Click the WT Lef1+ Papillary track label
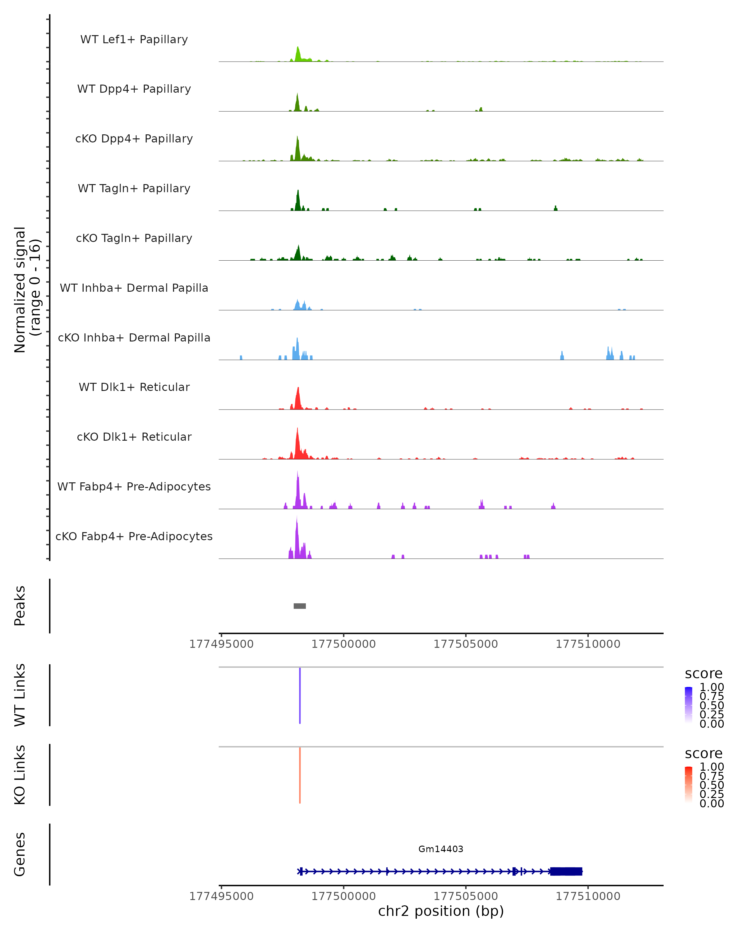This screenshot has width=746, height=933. click(x=134, y=39)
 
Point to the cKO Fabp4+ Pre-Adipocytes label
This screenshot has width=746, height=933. click(x=134, y=536)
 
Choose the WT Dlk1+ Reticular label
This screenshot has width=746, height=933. click(x=134, y=387)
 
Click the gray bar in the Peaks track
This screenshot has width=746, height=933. click(x=300, y=606)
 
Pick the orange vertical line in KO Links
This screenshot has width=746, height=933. click(x=300, y=775)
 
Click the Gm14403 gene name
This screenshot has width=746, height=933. click(x=441, y=849)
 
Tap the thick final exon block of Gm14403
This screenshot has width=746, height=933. click(x=566, y=871)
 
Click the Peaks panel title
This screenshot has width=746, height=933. click(x=20, y=606)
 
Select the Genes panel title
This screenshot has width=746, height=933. click(x=20, y=854)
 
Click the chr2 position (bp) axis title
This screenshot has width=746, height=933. click(x=441, y=911)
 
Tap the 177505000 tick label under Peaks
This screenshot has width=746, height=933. click(x=466, y=644)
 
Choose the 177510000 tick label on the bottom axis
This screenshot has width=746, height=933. click(x=588, y=896)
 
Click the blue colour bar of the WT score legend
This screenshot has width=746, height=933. click(x=688, y=705)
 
